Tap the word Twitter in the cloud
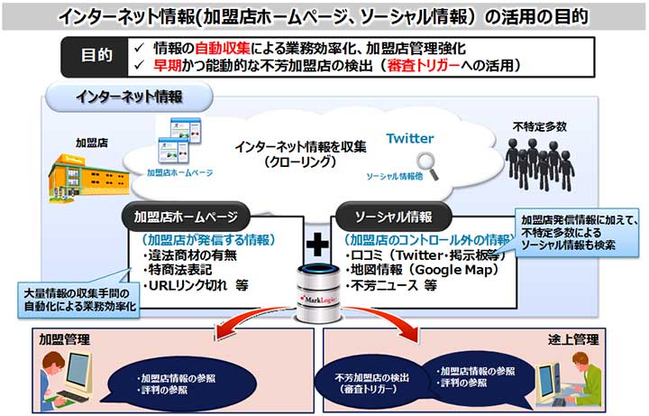pyautogui.click(x=410, y=138)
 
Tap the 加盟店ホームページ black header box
pyautogui.click(x=185, y=217)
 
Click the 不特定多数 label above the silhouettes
pyautogui.click(x=540, y=126)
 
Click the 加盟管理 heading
pyautogui.click(x=62, y=340)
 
